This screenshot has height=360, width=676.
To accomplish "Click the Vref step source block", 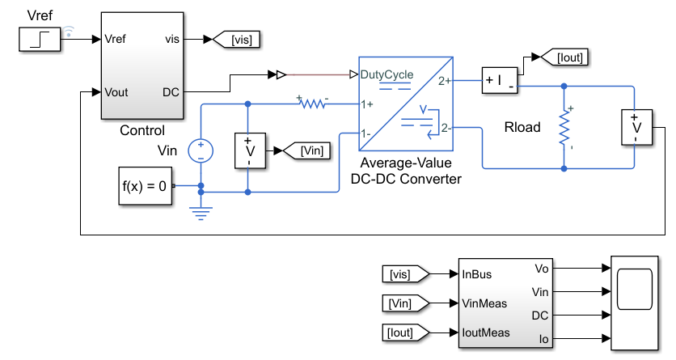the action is tap(40, 39).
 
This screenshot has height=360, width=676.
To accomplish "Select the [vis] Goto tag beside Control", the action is tap(237, 39).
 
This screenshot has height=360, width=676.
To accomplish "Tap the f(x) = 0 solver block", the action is tap(146, 186).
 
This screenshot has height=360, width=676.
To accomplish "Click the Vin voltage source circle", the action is tap(201, 151).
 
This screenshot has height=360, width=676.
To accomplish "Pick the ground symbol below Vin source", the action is tap(201, 213).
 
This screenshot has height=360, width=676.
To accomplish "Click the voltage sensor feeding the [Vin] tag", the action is tap(250, 151).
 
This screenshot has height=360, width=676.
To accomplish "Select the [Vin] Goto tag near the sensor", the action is tap(307, 151).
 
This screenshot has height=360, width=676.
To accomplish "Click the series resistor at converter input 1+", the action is tap(313, 104).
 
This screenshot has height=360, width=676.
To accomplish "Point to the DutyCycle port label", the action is tap(387, 74).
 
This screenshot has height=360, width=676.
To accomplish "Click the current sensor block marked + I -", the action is tap(500, 80).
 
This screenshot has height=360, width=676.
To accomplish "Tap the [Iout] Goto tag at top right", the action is tap(564, 57).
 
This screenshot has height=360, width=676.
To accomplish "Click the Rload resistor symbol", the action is tap(564, 128).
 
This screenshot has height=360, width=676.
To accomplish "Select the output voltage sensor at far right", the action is tap(636, 127).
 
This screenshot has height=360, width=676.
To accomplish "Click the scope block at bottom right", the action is tap(635, 303).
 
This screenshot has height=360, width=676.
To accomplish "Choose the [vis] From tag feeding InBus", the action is tap(406, 274).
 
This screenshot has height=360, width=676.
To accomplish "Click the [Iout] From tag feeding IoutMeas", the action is tap(406, 332).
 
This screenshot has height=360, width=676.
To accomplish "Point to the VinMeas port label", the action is tap(484, 303).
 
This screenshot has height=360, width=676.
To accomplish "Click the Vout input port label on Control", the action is tap(116, 92).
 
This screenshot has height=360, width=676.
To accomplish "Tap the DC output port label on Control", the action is tap(171, 92).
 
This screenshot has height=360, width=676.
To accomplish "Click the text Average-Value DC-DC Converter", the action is tap(406, 171).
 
